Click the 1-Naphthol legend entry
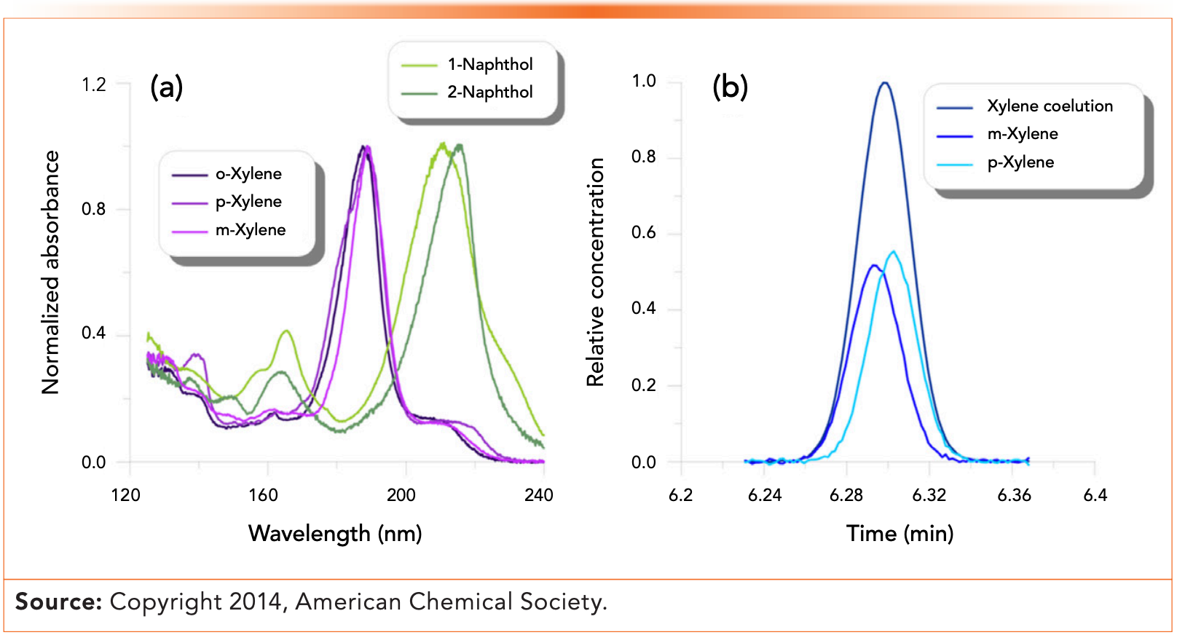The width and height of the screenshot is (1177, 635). click(x=489, y=65)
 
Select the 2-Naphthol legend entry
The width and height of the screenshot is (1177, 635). click(x=489, y=92)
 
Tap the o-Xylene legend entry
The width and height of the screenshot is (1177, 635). click(x=248, y=174)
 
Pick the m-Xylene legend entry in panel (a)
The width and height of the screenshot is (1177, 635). click(x=250, y=230)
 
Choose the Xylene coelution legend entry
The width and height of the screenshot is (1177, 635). click(x=1049, y=106)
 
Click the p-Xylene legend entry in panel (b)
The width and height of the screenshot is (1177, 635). click(x=1020, y=162)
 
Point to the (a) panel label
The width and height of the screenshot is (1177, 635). click(x=166, y=87)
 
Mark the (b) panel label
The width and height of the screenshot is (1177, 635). click(x=730, y=87)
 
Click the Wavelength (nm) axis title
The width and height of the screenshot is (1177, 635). click(x=335, y=534)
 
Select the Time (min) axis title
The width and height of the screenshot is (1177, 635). click(x=900, y=534)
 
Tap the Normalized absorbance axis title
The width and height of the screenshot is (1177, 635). click(x=50, y=272)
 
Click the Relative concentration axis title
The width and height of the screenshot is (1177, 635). click(x=596, y=272)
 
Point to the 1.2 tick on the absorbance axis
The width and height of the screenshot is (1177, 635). click(x=94, y=85)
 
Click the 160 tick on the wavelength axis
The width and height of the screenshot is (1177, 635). click(x=263, y=496)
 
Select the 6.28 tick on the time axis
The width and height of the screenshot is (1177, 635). click(x=846, y=496)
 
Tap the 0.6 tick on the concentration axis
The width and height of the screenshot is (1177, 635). click(x=644, y=233)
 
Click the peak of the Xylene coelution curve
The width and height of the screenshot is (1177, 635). click(x=884, y=83)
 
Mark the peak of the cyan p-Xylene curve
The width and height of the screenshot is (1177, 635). click(x=894, y=252)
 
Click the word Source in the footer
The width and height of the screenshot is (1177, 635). click(x=58, y=602)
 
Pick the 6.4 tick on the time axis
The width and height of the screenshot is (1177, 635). click(x=1095, y=496)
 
